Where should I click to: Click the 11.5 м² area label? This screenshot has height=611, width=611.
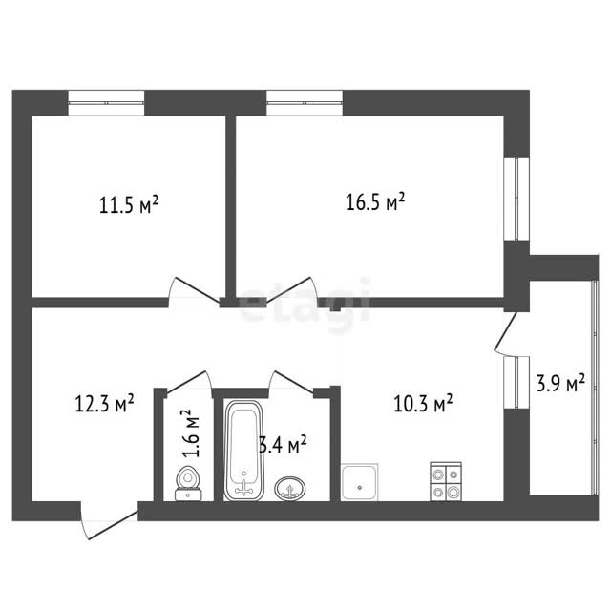click(129, 205)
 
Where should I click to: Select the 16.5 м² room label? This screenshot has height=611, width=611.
click(375, 201)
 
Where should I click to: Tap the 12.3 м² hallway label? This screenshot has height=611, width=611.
click(104, 404)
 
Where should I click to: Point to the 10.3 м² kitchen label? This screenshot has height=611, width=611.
click(423, 403)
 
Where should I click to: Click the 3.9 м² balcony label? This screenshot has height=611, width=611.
click(560, 383)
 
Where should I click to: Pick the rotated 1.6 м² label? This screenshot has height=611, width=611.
click(191, 432)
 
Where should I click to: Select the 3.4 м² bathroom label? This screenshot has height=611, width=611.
click(283, 446)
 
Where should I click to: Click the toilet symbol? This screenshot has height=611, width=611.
click(188, 483)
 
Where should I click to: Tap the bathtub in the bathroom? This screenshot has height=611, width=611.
click(244, 450)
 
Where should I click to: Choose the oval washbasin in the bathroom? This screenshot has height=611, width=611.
click(290, 488)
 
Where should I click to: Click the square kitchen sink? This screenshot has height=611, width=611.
click(359, 482)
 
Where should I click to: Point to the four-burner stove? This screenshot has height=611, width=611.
click(446, 481)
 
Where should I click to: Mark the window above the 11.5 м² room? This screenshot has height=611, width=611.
click(106, 103)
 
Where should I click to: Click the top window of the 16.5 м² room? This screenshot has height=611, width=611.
click(305, 103)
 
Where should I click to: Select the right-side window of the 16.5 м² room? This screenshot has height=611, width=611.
click(516, 199)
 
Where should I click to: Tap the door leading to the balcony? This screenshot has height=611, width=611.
click(506, 333)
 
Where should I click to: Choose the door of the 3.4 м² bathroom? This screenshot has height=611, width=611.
click(292, 382)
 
